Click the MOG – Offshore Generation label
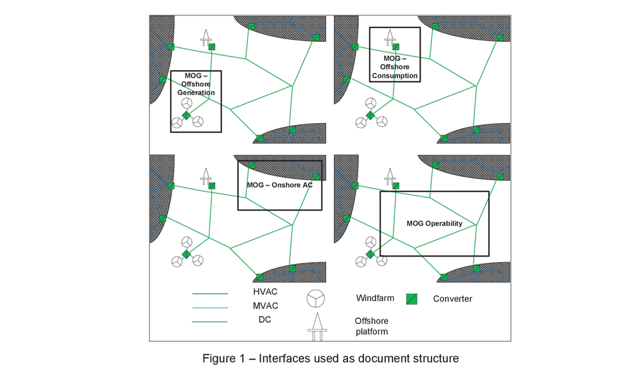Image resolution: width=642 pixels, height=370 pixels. (196, 84)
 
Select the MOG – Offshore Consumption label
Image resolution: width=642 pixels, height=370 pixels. (395, 67)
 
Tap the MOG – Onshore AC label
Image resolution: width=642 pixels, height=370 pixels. (280, 185)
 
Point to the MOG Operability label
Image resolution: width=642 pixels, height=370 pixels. (435, 224)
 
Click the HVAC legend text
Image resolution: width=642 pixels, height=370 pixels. (265, 292)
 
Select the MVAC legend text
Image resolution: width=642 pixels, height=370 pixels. (265, 306)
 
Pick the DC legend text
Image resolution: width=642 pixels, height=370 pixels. (265, 320)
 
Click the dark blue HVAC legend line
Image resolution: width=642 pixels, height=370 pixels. (210, 294)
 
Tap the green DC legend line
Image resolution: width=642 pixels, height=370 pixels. (210, 322)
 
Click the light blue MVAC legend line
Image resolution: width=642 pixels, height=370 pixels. (210, 307)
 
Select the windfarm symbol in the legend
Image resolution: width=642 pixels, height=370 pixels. (316, 298)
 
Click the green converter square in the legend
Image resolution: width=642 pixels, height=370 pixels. (412, 299)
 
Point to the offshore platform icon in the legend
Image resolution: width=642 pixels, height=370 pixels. (317, 326)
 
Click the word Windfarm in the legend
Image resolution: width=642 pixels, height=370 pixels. (375, 298)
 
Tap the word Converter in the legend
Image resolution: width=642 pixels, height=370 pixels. (453, 299)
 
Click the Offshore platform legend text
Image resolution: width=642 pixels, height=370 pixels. (372, 326)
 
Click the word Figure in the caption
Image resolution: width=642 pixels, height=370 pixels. (219, 358)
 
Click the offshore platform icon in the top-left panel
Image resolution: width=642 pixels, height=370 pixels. (206, 38)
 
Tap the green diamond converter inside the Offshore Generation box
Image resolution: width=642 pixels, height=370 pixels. (186, 115)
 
